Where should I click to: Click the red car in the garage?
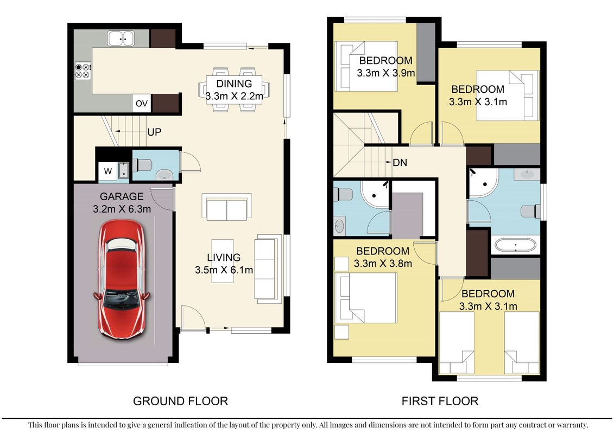[122, 279]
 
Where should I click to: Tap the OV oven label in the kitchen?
[141, 103]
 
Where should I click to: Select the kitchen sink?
[121, 39]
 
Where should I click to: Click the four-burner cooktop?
[83, 71]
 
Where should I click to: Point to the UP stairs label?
[154, 132]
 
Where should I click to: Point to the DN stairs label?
[400, 162]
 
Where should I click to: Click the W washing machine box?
[107, 171]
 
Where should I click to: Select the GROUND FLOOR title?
[181, 401]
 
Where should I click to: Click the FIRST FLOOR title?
[440, 401]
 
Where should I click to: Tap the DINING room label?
[234, 84]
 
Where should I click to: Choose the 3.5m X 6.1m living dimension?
[224, 270]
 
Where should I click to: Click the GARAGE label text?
[122, 196]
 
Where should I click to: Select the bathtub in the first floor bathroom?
[515, 245]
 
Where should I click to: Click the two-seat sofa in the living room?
[227, 207]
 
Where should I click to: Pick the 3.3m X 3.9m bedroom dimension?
[385, 73]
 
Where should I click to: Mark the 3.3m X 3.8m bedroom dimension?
[383, 264]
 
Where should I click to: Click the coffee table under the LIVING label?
[223, 261]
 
